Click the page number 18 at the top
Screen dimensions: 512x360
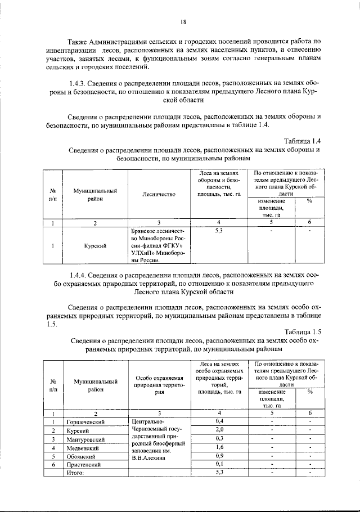[x=183, y=23]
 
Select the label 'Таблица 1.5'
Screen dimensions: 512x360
[x=302, y=331]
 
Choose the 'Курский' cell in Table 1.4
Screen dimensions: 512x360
[x=95, y=246]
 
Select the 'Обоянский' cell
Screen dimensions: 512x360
[x=82, y=456]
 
